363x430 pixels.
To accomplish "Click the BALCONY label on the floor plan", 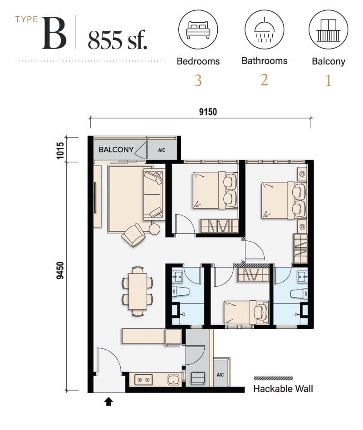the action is point(116,150).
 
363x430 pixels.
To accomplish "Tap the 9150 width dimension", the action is point(208,112).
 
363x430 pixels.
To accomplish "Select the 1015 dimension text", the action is point(60,150).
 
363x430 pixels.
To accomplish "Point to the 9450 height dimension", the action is point(60,270).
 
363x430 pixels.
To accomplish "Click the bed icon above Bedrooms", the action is point(198,29).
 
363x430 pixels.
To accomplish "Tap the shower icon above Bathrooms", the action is point(264,29).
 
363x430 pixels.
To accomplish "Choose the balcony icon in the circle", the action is point(328,30).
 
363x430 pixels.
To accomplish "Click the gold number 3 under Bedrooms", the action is point(198,80).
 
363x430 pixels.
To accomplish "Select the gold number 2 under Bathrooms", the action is point(264,80).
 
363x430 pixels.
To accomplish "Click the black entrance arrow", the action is point(108,402).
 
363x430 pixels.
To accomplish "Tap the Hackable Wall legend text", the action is point(283,389).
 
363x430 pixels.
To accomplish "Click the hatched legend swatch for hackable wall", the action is point(273,378).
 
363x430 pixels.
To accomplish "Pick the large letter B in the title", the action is point(54,33).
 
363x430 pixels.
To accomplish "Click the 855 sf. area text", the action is point(118,40).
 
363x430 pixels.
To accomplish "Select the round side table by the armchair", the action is point(154,229).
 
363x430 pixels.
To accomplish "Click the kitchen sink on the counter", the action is point(174,380).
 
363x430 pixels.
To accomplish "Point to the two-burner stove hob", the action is point(143,380).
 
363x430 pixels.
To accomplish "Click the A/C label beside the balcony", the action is point(162,150).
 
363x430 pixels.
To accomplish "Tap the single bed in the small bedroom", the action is point(246,312).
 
